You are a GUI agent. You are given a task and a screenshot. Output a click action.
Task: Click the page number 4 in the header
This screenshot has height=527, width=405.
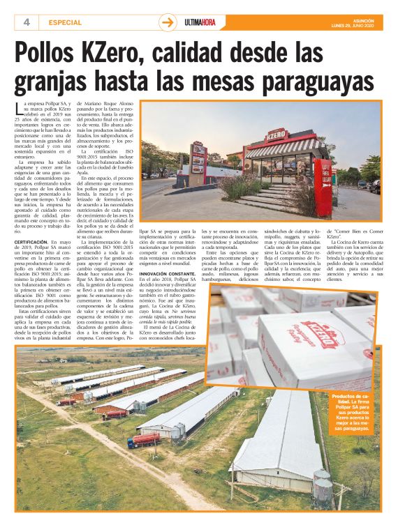[26, 22]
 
